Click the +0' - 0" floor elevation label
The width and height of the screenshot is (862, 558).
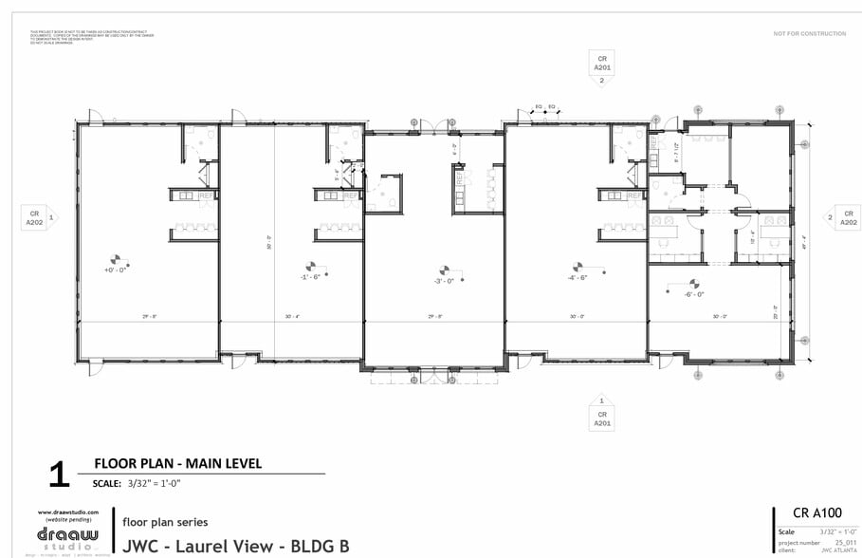(116, 270)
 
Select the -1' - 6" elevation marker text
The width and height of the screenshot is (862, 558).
(309, 277)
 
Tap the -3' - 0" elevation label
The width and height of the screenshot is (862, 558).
(443, 281)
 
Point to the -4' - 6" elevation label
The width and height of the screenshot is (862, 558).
(578, 277)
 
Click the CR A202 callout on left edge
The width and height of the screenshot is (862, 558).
(34, 217)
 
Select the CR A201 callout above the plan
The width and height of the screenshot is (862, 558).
(601, 64)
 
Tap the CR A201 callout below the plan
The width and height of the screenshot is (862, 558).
(601, 418)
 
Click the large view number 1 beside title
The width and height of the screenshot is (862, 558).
(60, 475)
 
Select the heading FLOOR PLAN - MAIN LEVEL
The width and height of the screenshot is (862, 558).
(177, 464)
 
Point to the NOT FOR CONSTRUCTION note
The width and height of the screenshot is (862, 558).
(809, 33)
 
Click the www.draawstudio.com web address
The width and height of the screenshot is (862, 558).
(68, 512)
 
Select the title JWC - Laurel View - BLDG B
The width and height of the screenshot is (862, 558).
(235, 546)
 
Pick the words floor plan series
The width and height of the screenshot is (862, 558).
(165, 522)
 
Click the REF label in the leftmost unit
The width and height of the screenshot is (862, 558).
(205, 195)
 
